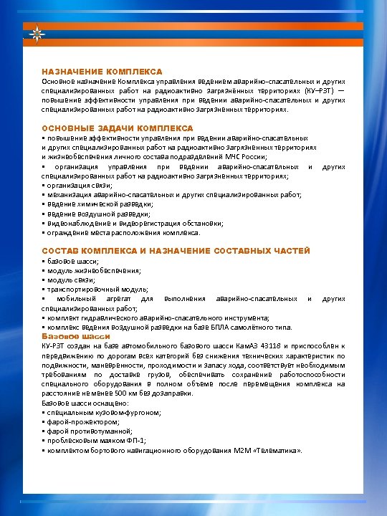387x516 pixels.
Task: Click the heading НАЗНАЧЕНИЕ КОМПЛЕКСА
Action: [x=102, y=72]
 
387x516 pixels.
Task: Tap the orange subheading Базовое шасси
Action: [x=67, y=335]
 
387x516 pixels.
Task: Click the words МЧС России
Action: [x=247, y=156]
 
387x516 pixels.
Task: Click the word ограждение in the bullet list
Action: [x=66, y=232]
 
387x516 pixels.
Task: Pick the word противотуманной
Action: [x=97, y=431]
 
